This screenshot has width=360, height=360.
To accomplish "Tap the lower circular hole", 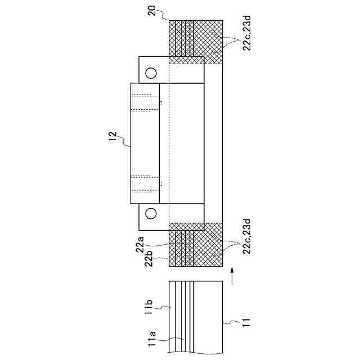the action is [x=152, y=213].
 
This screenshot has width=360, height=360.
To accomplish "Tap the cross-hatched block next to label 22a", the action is [x=197, y=245].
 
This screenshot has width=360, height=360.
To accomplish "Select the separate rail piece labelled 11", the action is [x=197, y=318].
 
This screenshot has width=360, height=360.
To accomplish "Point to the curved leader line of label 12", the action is [x=125, y=141].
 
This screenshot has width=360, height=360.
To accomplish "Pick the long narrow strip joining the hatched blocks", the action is [x=214, y=143].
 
